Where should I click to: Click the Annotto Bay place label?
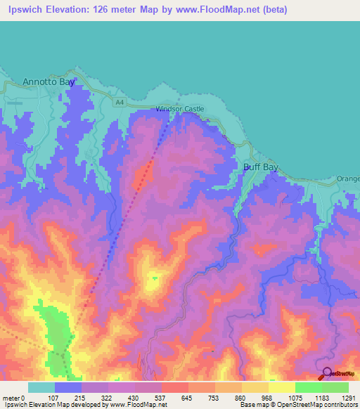point(49,82)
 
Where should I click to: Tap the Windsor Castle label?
point(180,109)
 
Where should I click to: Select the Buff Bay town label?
point(261,167)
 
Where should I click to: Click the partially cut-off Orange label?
point(348,178)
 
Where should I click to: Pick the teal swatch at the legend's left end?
point(41,387)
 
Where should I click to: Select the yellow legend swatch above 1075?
point(282,387)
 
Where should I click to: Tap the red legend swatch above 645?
point(175,387)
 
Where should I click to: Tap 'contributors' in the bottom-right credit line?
point(341,405)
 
